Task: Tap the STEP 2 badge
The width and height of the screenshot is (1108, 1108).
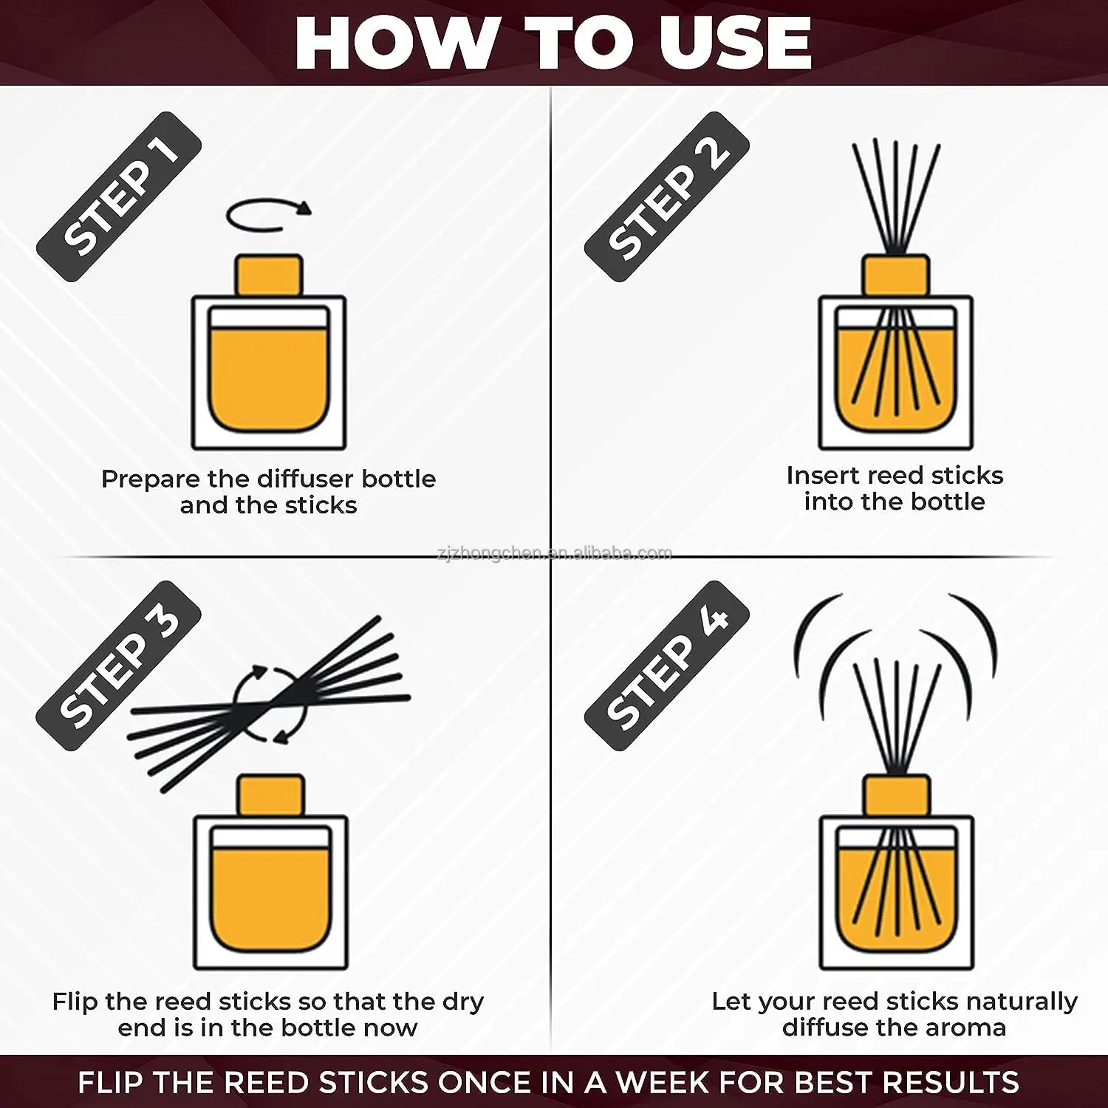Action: [667, 196]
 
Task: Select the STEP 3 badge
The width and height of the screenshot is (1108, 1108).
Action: [118, 666]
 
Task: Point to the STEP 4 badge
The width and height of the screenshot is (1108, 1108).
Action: [667, 666]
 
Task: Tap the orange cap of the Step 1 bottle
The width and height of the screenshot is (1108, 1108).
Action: [269, 275]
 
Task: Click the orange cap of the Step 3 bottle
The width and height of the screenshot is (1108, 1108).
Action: [270, 795]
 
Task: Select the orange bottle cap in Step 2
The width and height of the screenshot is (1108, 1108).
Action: [896, 275]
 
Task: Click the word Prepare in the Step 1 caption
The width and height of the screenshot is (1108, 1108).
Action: [151, 479]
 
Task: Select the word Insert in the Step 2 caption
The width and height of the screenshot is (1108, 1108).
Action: [823, 475]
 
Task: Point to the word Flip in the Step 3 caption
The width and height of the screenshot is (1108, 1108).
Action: [75, 1002]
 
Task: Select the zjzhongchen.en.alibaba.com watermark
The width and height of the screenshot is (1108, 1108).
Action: [555, 553]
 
